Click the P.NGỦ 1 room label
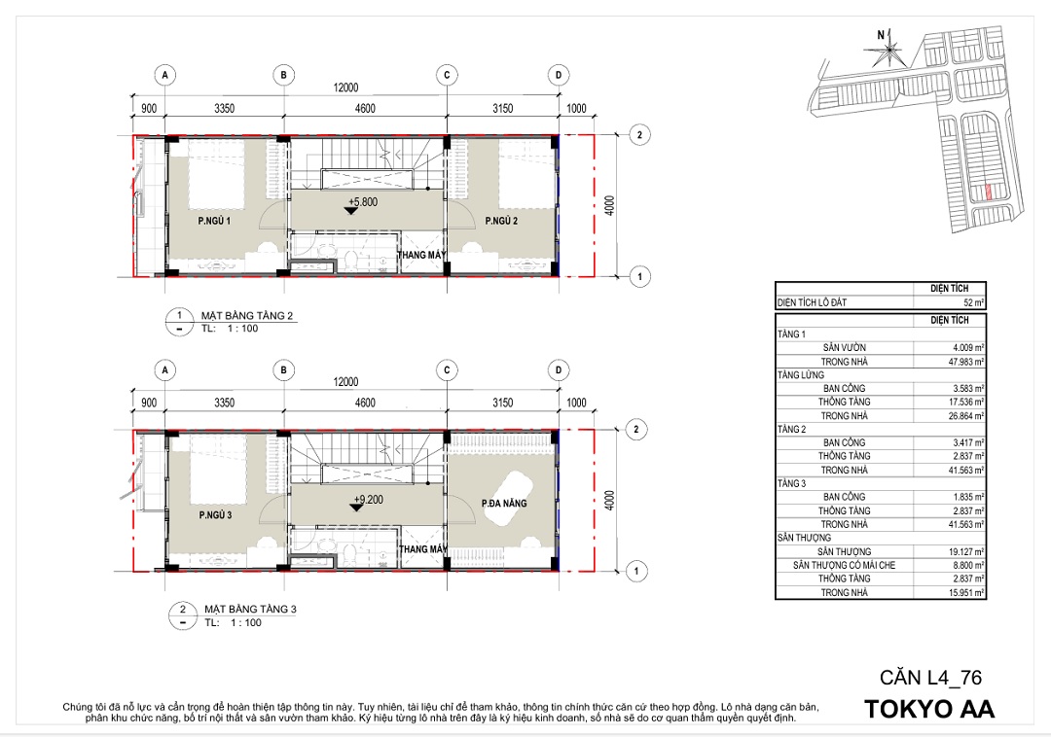click(x=214, y=221)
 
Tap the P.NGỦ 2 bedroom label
click(x=501, y=221)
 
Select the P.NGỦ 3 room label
click(x=215, y=514)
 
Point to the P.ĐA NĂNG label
click(x=504, y=504)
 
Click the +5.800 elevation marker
click(x=363, y=201)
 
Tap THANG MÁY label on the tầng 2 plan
click(x=421, y=255)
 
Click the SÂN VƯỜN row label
click(x=845, y=347)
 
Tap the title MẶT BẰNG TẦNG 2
click(x=247, y=316)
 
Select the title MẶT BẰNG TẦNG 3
click(x=250, y=610)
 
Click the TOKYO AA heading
click(x=929, y=710)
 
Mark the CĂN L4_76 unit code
click(x=931, y=678)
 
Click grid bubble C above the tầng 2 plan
click(x=447, y=75)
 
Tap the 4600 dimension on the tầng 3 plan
click(x=365, y=403)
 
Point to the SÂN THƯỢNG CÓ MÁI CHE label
click(x=844, y=565)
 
